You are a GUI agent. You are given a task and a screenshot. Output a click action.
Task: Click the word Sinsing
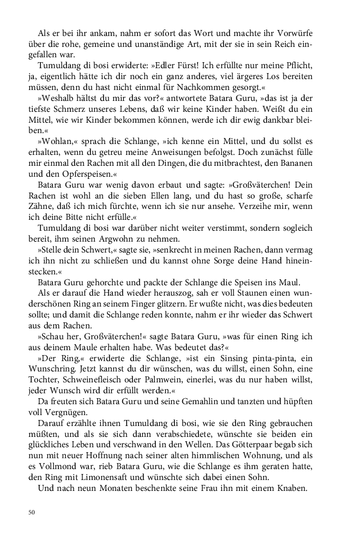[242, 371]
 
